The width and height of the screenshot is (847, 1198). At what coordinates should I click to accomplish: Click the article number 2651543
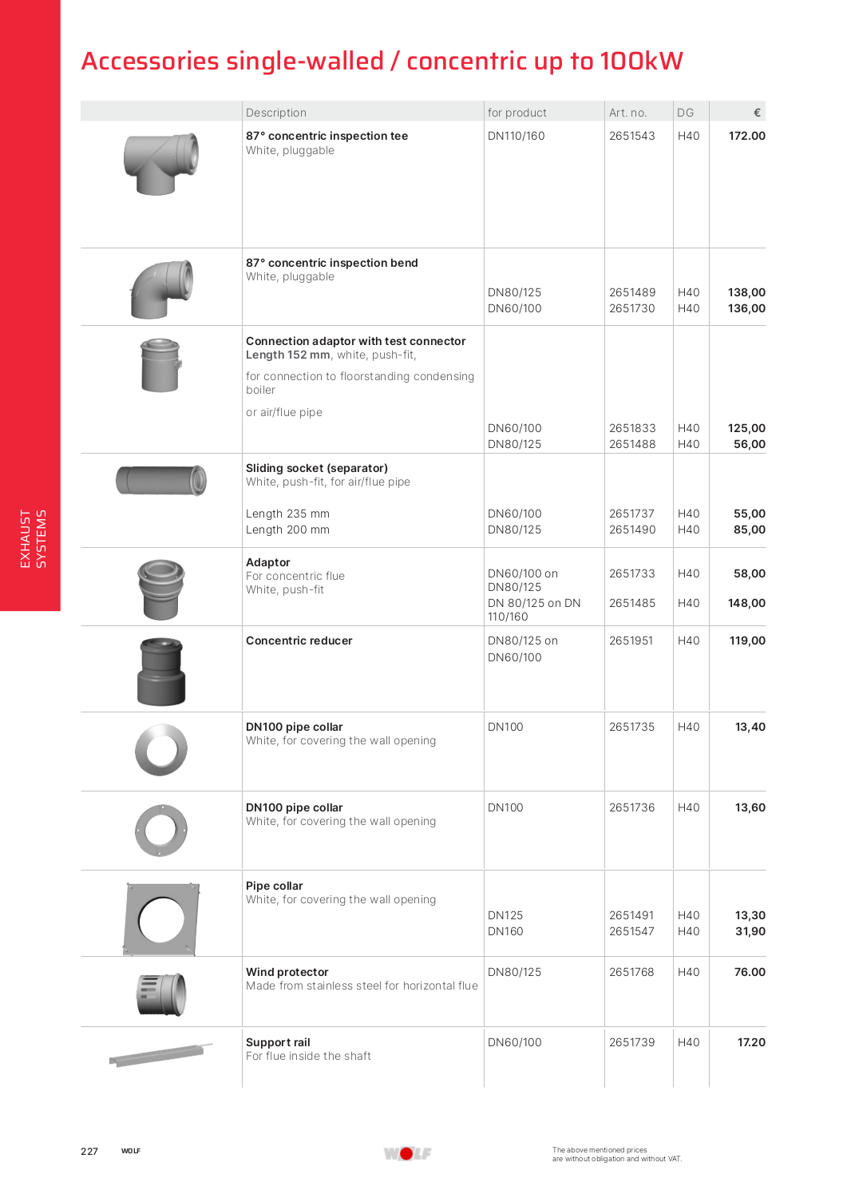pos(631,136)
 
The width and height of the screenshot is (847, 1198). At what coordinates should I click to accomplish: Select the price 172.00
pos(746,136)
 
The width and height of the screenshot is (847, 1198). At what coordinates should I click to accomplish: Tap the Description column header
pos(276,113)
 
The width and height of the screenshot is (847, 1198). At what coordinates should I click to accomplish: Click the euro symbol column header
pos(757,113)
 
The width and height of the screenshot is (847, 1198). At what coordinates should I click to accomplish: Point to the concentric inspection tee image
pos(161,163)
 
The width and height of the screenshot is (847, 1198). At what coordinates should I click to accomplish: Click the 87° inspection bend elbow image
pos(162,288)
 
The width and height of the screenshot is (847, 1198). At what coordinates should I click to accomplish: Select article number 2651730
pos(631,308)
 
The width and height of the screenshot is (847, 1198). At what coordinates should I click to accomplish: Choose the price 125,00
pos(746,428)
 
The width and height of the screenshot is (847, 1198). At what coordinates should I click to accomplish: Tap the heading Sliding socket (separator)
pos(317,468)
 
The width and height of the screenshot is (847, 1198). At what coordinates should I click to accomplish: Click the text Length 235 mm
pos(287,514)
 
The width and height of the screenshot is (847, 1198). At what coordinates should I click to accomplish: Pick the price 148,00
pos(746,603)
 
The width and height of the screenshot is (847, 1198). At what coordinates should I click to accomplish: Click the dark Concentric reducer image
pos(161,671)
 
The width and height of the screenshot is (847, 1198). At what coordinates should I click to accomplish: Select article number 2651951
pos(631,641)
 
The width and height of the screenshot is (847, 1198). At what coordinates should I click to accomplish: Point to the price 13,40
pos(750,727)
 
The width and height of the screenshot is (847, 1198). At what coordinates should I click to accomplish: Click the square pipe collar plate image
pos(162,918)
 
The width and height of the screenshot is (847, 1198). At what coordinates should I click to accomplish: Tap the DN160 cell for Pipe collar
pos(505,931)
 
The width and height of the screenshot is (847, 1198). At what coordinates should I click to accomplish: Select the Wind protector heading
pos(287,972)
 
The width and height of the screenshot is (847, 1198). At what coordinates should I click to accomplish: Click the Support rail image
pos(161,1054)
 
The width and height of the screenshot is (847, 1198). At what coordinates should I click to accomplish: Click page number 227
pos(89,1151)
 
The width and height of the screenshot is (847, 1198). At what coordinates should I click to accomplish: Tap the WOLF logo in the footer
pos(407,1153)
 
